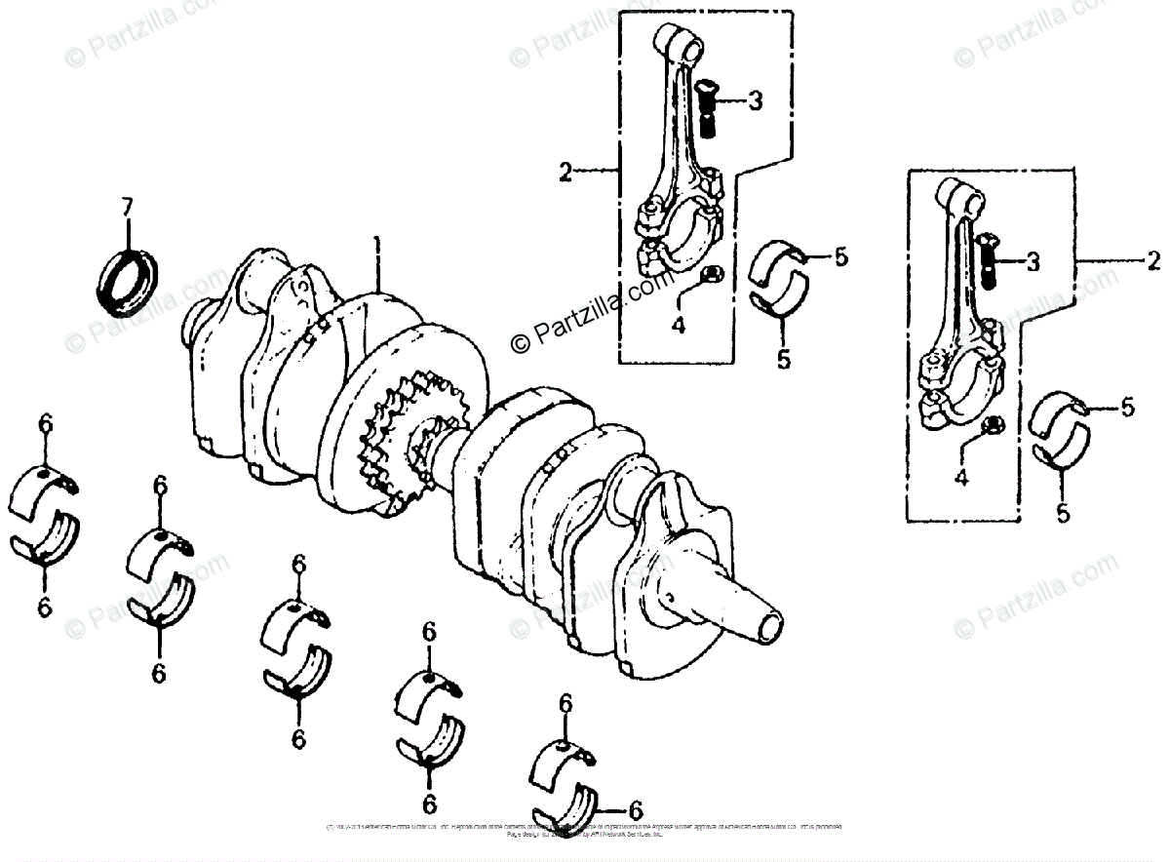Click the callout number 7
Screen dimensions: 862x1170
(126, 208)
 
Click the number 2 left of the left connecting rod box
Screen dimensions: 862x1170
(565, 174)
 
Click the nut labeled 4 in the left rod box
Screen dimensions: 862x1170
(711, 275)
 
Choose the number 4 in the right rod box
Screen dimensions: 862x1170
(961, 478)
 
